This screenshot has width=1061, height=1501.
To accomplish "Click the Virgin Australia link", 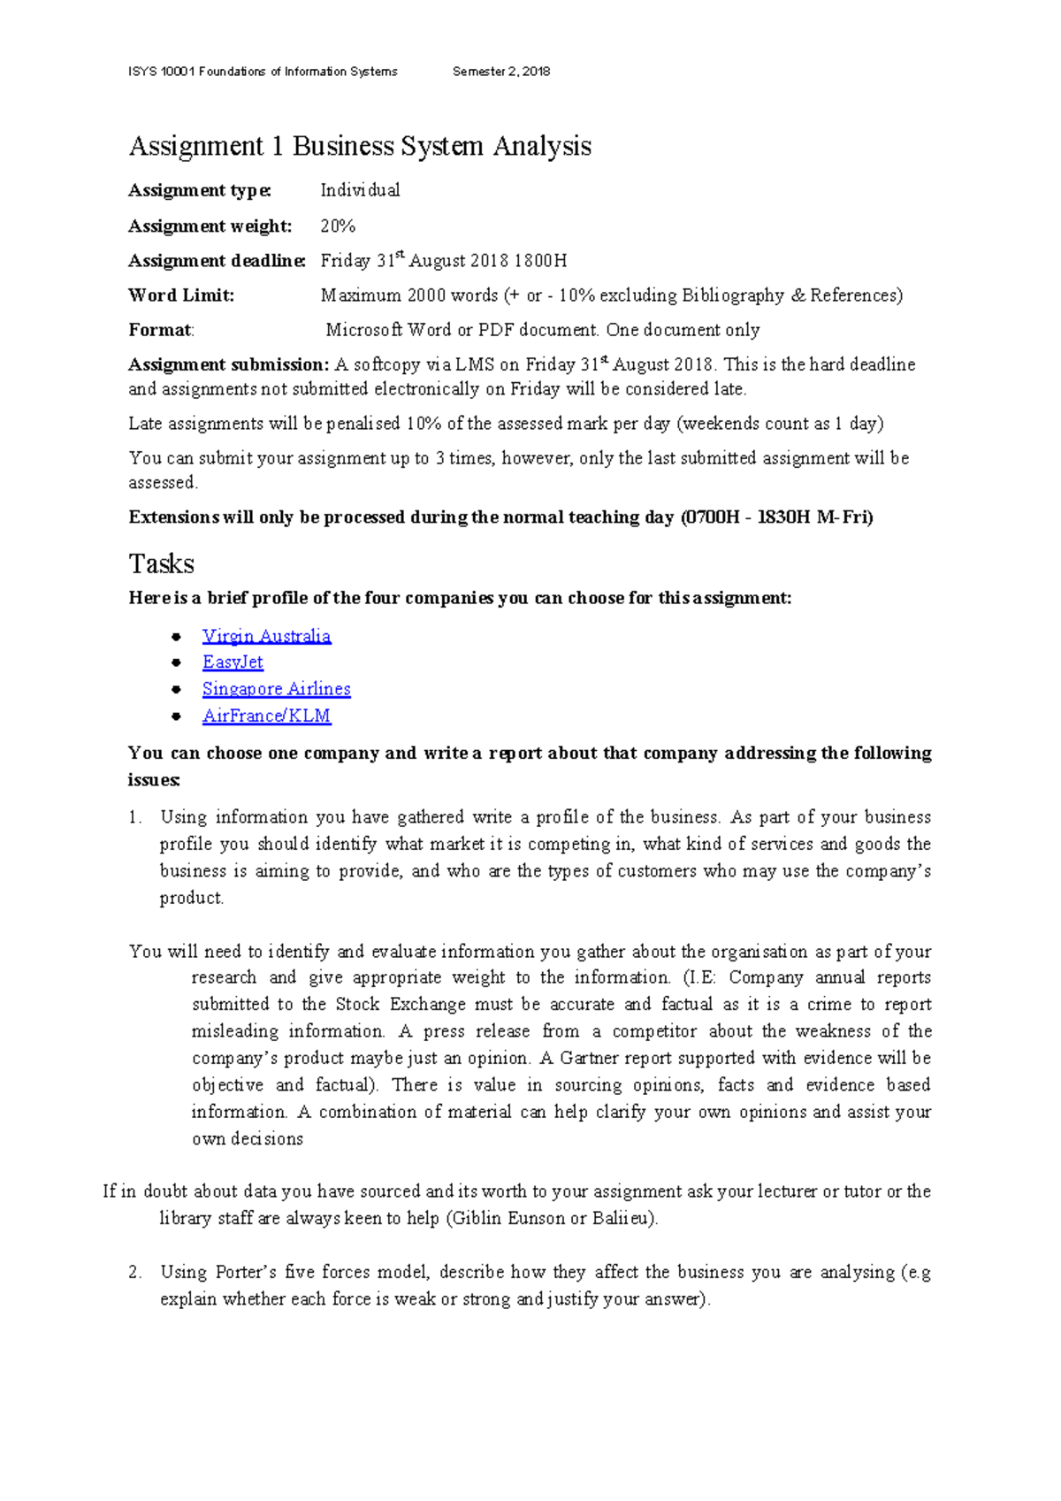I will pyautogui.click(x=266, y=636).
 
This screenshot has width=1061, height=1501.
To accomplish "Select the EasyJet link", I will pyautogui.click(x=233, y=662).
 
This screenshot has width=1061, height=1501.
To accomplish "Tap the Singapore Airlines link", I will pyautogui.click(x=276, y=689).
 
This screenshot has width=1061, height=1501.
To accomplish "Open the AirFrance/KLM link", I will pyautogui.click(x=266, y=716).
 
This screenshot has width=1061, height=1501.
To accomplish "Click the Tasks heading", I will pyautogui.click(x=161, y=564).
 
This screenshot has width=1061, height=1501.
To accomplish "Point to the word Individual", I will pyautogui.click(x=360, y=190).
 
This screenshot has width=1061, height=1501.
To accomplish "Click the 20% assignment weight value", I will pyautogui.click(x=338, y=226).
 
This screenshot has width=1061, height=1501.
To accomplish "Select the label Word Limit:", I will pyautogui.click(x=181, y=295).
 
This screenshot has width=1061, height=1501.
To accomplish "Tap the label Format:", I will pyautogui.click(x=161, y=330).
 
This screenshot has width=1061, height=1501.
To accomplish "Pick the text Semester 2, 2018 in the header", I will pyautogui.click(x=501, y=72).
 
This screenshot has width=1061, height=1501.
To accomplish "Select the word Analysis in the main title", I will pyautogui.click(x=542, y=146).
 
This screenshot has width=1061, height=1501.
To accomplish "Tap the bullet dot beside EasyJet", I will pyautogui.click(x=177, y=662).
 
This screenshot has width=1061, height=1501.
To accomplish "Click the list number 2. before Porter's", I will pyautogui.click(x=134, y=1273).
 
